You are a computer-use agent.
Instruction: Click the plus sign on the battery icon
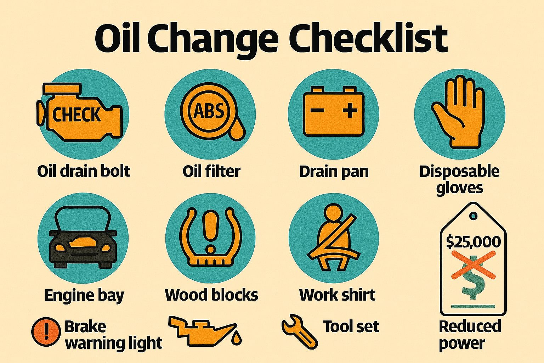(350, 111)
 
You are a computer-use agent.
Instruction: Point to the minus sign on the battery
(317, 111)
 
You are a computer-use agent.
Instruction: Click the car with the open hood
(83, 241)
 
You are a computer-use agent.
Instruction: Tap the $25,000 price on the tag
(473, 242)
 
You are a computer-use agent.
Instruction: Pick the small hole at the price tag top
(473, 216)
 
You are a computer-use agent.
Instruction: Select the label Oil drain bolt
(84, 171)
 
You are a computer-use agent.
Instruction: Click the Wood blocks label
(211, 295)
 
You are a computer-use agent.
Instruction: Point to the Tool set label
(351, 326)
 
